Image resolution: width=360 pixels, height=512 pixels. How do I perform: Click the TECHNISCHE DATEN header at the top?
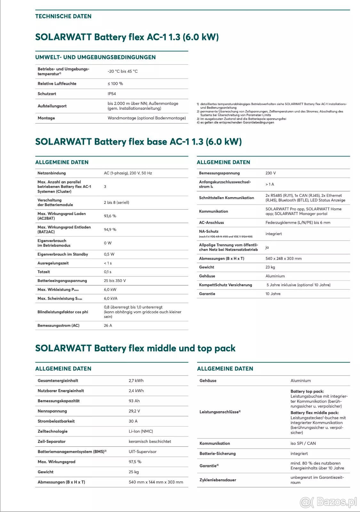tap(63, 16)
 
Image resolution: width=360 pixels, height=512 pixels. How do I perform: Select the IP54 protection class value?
tap(112, 94)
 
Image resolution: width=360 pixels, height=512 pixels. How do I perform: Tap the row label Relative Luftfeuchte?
tap(57, 84)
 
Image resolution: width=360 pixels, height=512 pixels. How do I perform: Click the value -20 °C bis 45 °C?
tap(123, 71)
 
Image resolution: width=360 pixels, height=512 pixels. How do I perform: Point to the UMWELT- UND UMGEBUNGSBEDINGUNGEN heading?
tap(95, 57)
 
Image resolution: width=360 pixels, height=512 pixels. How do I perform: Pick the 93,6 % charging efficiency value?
tap(110, 216)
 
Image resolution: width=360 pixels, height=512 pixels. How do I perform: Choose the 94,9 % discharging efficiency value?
tap(110, 229)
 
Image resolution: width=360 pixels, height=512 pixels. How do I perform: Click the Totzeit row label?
tap(44, 272)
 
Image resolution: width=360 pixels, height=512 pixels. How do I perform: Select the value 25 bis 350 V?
tap(115, 281)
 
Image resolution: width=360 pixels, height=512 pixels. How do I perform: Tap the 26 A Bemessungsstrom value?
tap(108, 325)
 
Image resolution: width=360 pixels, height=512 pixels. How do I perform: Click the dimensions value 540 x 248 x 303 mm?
tap(284, 259)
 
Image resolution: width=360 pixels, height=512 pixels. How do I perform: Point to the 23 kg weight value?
tap(270, 267)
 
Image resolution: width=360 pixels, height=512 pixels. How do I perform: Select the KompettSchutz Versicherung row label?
tap(226, 285)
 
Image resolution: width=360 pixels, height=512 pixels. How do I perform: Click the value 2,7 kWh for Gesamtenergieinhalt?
tap(136, 380)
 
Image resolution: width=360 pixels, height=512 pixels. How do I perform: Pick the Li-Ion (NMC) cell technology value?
tap(141, 431)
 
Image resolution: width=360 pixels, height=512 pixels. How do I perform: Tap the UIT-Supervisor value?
tap(142, 452)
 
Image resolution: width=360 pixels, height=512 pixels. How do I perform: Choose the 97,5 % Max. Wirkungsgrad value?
tap(135, 462)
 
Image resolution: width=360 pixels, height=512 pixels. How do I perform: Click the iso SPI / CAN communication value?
tap(303, 443)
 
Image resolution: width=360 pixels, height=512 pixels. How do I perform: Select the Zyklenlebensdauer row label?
tap(218, 480)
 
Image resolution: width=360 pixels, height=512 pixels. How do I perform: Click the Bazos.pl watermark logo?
tap(329, 502)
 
